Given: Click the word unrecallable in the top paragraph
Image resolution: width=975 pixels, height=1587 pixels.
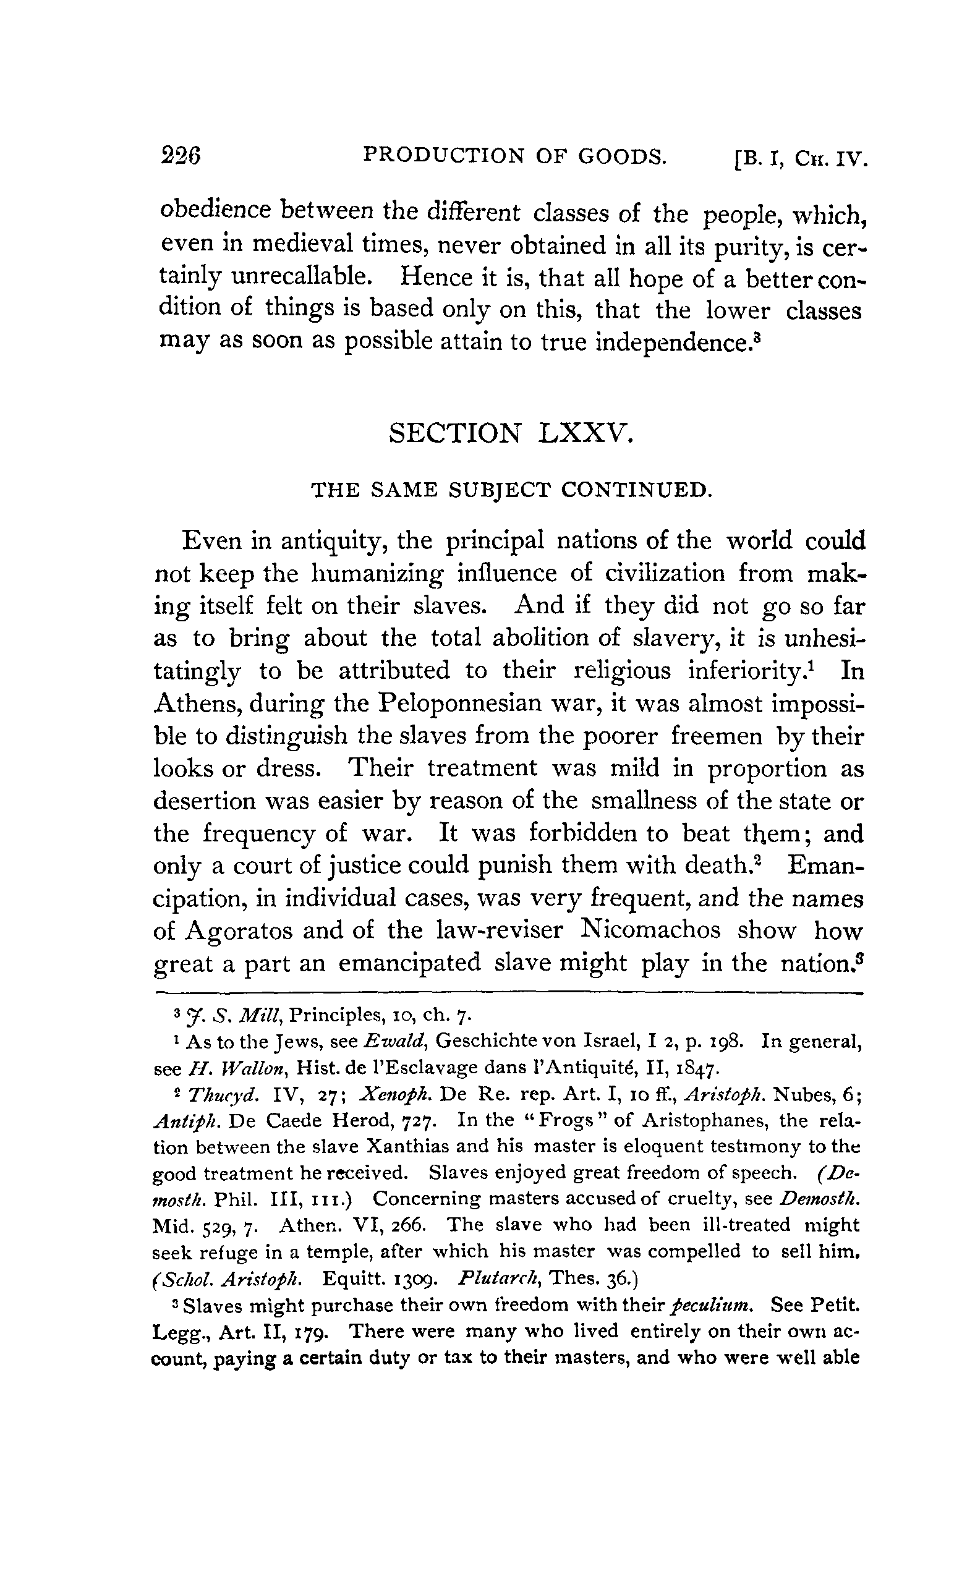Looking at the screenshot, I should (x=302, y=277).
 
